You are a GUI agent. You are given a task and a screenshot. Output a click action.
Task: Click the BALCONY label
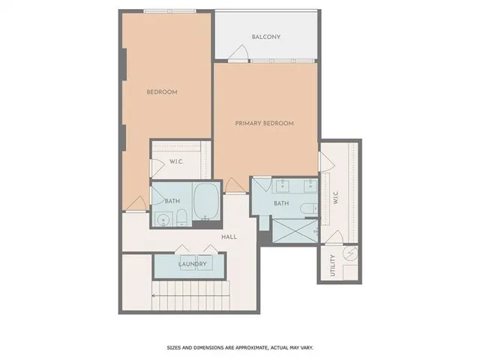(266, 36)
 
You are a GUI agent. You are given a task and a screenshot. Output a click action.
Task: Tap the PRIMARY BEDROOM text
(264, 123)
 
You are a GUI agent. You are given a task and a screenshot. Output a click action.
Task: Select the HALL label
(229, 237)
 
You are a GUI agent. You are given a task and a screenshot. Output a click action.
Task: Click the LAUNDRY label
(193, 265)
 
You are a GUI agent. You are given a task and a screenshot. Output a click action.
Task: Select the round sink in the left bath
(163, 219)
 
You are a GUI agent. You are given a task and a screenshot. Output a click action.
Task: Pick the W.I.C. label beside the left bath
(176, 161)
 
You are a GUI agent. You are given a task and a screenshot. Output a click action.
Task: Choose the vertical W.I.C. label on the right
(336, 199)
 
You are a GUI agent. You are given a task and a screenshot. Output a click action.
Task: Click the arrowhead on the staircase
(153, 296)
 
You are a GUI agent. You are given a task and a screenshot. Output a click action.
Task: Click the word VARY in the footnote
(304, 348)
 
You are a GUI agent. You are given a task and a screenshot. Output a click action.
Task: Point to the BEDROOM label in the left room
(161, 91)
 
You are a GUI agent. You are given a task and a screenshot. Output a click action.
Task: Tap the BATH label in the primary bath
(280, 203)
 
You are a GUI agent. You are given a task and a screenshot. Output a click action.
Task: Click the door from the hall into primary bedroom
(235, 184)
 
